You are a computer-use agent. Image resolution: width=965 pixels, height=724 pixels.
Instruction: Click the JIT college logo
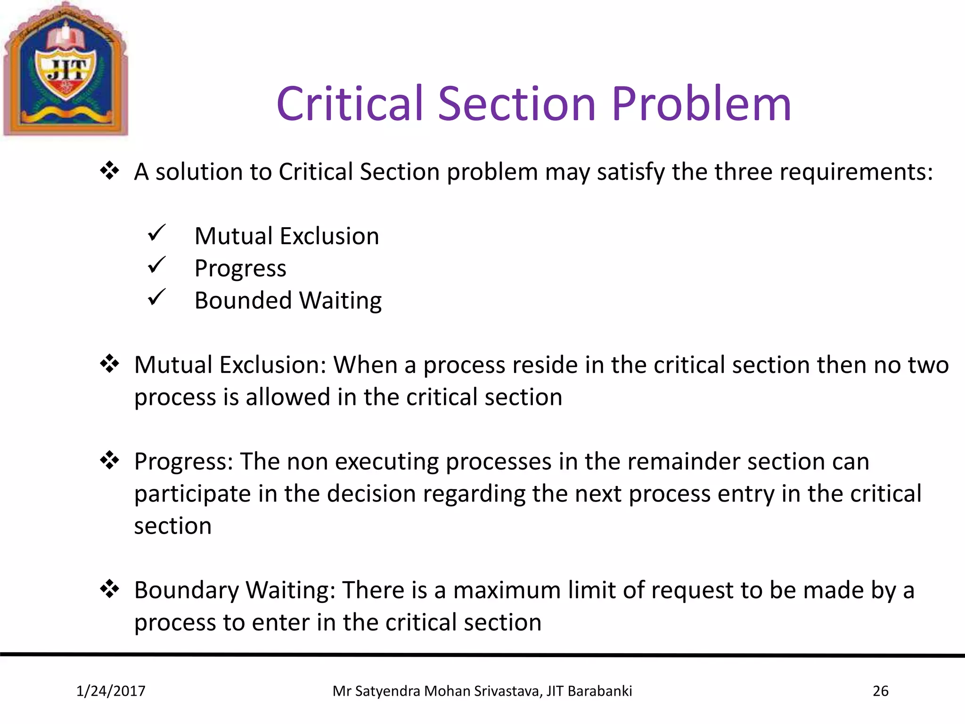tap(65, 70)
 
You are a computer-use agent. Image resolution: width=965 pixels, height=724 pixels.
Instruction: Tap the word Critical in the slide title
tap(349, 104)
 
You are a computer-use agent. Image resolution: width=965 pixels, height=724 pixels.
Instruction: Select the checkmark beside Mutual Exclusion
tap(156, 233)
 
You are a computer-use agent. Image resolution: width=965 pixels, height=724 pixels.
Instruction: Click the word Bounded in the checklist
tap(243, 300)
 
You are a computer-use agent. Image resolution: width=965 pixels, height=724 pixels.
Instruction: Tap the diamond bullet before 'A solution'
tap(110, 171)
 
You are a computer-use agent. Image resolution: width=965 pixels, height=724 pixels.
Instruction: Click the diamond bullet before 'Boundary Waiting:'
tap(110, 589)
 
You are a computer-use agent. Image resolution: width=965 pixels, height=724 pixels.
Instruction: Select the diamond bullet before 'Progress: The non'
tap(110, 460)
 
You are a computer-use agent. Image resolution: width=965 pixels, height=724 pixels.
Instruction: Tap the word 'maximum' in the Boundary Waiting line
tap(507, 590)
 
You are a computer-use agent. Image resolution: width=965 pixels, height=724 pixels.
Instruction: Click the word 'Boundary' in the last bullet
tap(187, 591)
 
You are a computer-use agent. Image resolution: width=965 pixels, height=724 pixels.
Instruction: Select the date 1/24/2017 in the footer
tap(111, 691)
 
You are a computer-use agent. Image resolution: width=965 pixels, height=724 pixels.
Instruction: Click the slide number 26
tap(880, 691)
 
